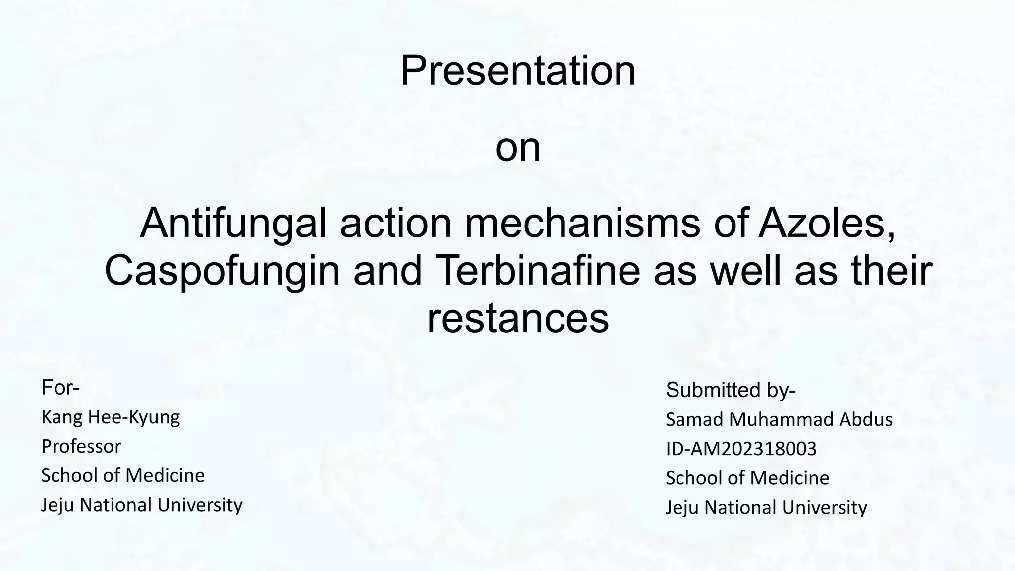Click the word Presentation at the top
(517, 71)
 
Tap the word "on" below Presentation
(517, 148)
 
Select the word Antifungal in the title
(233, 224)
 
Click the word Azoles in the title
(827, 224)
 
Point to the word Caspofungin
(222, 271)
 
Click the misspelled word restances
(517, 319)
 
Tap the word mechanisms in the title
(582, 224)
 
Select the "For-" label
(60, 388)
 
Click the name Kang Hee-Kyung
(111, 417)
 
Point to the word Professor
(81, 446)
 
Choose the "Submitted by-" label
(731, 390)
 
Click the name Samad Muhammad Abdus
(779, 420)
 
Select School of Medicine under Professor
(122, 475)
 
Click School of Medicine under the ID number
(747, 478)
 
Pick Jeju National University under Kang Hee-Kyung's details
(142, 505)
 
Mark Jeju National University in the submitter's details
(766, 507)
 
